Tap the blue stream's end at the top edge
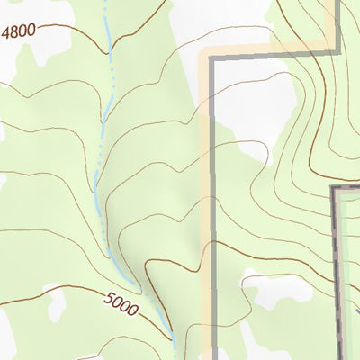(105, 3)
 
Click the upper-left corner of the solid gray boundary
(213, 59)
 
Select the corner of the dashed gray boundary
(334, 187)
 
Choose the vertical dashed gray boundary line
(334, 270)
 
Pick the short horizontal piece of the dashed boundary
(347, 187)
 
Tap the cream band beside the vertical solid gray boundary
(206, 180)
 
